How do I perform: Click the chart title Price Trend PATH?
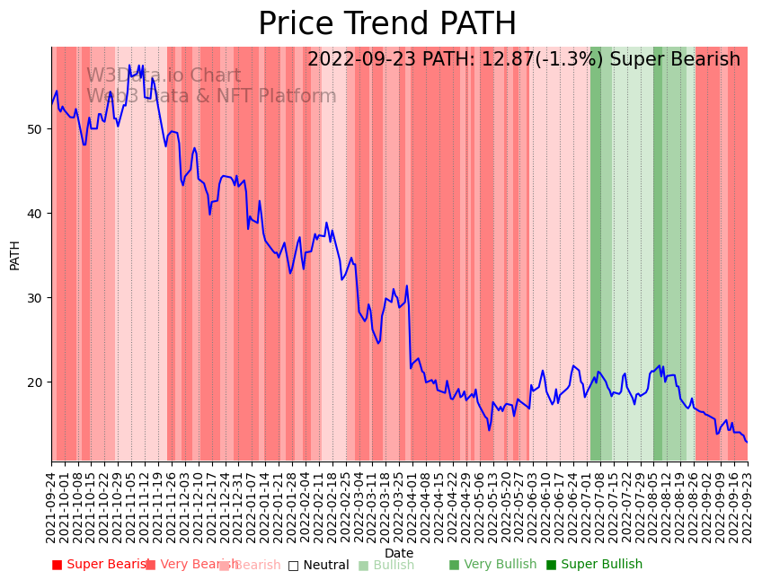coord(387,24)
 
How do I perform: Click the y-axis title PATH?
coord(15,254)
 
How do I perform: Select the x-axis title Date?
coord(399,553)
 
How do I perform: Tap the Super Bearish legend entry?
coord(99,565)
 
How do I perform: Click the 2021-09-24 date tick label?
coord(51,503)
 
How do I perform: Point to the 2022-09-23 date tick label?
coord(747,503)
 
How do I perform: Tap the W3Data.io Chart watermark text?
coord(164,76)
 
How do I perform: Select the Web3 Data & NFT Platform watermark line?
coord(211,96)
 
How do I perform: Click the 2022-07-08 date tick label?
coord(599,503)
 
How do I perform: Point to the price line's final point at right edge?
coord(747,442)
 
